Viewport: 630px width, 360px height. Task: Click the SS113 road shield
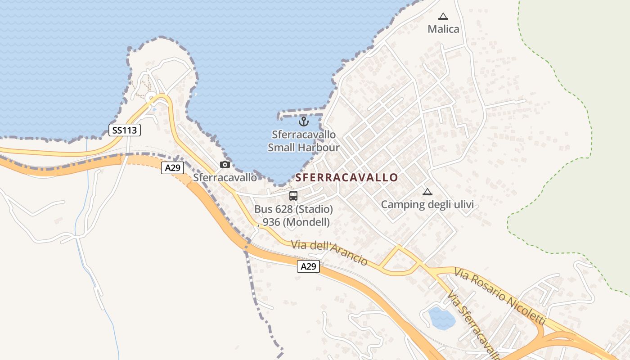point(125,130)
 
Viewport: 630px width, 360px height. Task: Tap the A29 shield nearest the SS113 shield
point(172,168)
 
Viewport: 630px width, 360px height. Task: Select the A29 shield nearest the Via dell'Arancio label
point(308,266)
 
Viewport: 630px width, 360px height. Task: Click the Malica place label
point(443,29)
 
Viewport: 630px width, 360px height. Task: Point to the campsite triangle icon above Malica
point(443,17)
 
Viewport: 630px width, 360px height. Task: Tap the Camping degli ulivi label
point(427,205)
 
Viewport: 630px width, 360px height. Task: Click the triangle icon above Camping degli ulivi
point(427,192)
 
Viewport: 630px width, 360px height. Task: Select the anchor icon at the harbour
point(304,121)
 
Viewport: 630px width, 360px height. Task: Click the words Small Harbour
point(304,147)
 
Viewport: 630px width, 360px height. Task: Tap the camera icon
point(225,164)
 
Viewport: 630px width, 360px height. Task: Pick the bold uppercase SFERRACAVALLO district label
point(346,177)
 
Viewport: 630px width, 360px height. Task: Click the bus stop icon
point(293,196)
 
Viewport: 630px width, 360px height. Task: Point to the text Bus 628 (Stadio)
point(293,209)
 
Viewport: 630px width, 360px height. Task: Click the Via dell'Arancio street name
point(329,252)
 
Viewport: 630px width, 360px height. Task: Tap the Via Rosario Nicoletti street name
point(500,297)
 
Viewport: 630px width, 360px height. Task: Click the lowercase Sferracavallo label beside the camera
point(225,178)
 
